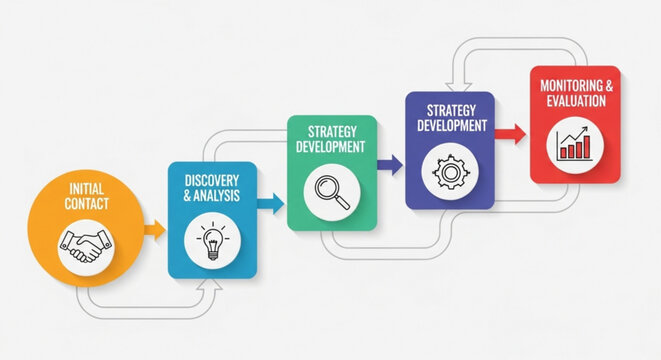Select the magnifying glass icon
click(x=332, y=190)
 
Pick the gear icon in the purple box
click(x=449, y=171)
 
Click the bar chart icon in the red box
click(x=573, y=145)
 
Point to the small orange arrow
click(x=154, y=231)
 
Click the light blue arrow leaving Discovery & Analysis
click(x=270, y=204)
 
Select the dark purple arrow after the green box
click(x=390, y=163)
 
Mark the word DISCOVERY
click(x=212, y=181)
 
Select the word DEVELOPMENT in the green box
click(x=331, y=147)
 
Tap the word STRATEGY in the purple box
click(x=449, y=111)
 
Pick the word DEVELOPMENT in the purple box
click(x=449, y=126)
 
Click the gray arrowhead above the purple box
click(x=456, y=85)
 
